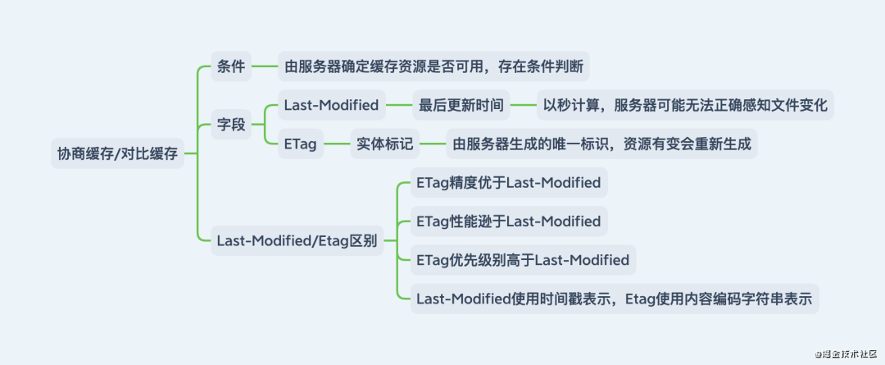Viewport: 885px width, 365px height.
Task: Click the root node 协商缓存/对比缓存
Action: (117, 153)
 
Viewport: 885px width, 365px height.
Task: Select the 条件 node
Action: (231, 66)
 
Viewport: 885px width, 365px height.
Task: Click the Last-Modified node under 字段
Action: (331, 105)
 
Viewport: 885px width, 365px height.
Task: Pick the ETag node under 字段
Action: (300, 145)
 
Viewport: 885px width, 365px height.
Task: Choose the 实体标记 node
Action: (385, 145)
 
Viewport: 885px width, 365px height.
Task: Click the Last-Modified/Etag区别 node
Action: (297, 241)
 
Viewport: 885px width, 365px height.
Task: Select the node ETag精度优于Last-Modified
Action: (508, 182)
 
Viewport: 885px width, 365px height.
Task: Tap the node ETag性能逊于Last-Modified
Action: (508, 221)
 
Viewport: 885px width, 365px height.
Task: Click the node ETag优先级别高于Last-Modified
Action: (523, 260)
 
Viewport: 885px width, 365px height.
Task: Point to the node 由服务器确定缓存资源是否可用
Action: (434, 66)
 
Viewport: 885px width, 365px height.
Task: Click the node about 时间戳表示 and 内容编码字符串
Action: (614, 299)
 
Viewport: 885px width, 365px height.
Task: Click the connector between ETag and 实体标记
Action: (336, 145)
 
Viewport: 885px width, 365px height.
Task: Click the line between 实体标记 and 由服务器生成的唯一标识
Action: (433, 145)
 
